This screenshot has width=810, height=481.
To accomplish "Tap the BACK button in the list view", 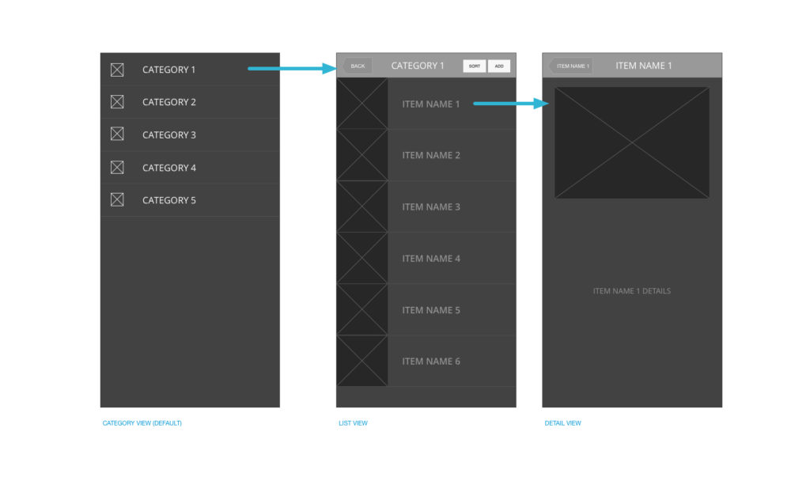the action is tap(357, 66).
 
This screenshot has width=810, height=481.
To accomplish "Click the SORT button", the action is tap(475, 66).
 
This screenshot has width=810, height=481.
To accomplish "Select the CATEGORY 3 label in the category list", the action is tap(169, 134).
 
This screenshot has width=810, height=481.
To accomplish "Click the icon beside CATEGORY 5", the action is tap(117, 200).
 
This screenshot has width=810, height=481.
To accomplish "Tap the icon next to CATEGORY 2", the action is tap(117, 102).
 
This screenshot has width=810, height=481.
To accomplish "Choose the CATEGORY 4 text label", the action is tap(169, 168).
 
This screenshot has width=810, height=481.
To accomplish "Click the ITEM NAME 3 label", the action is tap(431, 206).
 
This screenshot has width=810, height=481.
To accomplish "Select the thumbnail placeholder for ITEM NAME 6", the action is tap(362, 361).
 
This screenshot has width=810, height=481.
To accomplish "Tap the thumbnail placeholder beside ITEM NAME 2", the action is tap(362, 155).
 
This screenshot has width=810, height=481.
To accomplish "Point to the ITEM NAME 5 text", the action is tap(431, 310).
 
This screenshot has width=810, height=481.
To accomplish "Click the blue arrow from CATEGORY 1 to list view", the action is tap(293, 68).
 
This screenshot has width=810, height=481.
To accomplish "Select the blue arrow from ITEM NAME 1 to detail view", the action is tap(511, 104).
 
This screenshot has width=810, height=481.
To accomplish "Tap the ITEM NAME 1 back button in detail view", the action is tap(571, 66).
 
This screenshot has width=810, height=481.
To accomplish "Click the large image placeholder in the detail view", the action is tap(632, 142).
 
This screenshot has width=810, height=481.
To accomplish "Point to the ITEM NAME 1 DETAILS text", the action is tap(632, 291).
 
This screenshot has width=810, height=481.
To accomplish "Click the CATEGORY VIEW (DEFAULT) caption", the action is tap(142, 423).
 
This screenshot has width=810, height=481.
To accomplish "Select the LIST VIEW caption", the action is tap(354, 423).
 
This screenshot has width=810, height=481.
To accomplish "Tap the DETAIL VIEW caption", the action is tap(562, 423).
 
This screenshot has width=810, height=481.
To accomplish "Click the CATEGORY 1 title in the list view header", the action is tap(418, 66).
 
